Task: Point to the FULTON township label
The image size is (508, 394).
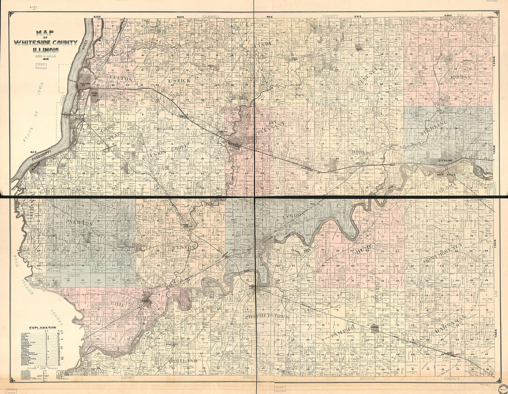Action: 121,79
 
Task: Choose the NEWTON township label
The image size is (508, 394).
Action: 80,223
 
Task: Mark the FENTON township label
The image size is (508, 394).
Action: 187,248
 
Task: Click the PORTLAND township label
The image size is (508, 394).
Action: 183,360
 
